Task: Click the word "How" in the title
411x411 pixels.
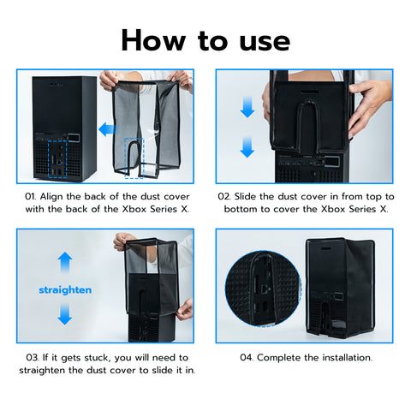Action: coord(153,40)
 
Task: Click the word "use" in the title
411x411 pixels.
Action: coord(265,43)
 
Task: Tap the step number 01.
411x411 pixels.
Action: coord(30,197)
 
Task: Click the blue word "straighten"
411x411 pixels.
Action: coord(65,290)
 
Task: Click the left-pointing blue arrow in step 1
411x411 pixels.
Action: coord(108,129)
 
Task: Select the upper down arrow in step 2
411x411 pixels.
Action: coord(247,107)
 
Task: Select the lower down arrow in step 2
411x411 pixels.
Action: coord(247,147)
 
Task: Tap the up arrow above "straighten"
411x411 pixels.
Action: coord(65,262)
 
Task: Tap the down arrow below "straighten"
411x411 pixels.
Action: coord(65,314)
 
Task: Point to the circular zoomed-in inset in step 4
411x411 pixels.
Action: coord(263,289)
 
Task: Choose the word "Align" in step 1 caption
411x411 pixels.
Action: coord(51,197)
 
